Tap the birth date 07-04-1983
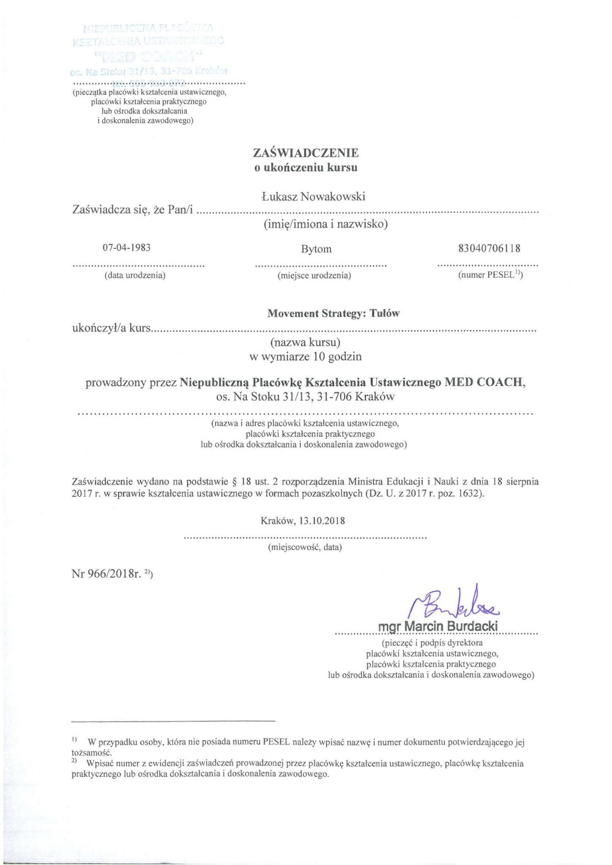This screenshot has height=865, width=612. (127, 248)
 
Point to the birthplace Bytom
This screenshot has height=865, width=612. (316, 249)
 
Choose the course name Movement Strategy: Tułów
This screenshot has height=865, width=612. (333, 313)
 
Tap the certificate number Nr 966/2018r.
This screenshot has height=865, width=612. (112, 574)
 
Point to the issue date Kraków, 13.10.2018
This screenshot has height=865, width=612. (303, 520)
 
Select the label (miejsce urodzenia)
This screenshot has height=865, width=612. (314, 276)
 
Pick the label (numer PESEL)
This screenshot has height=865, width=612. (490, 275)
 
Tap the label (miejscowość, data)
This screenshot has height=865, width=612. (305, 547)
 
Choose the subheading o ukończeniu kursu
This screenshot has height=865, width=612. (305, 168)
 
